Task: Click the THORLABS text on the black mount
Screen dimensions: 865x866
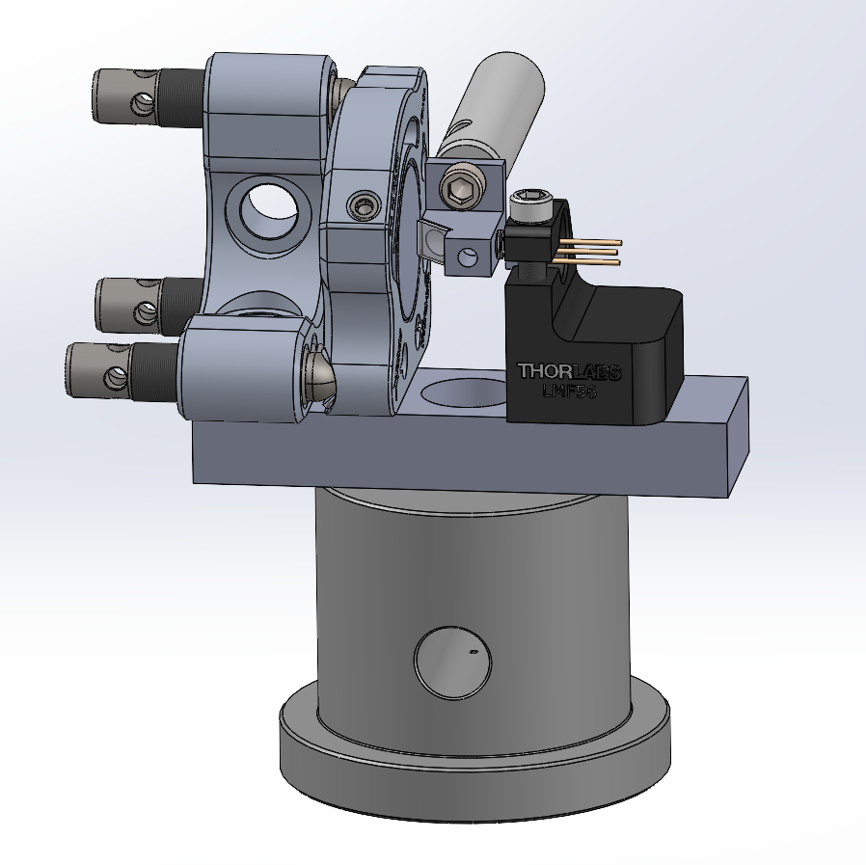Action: pos(569,371)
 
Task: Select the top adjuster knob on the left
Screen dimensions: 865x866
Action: pos(125,94)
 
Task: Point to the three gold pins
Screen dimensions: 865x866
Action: pos(588,251)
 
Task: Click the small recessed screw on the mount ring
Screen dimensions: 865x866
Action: pos(364,203)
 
